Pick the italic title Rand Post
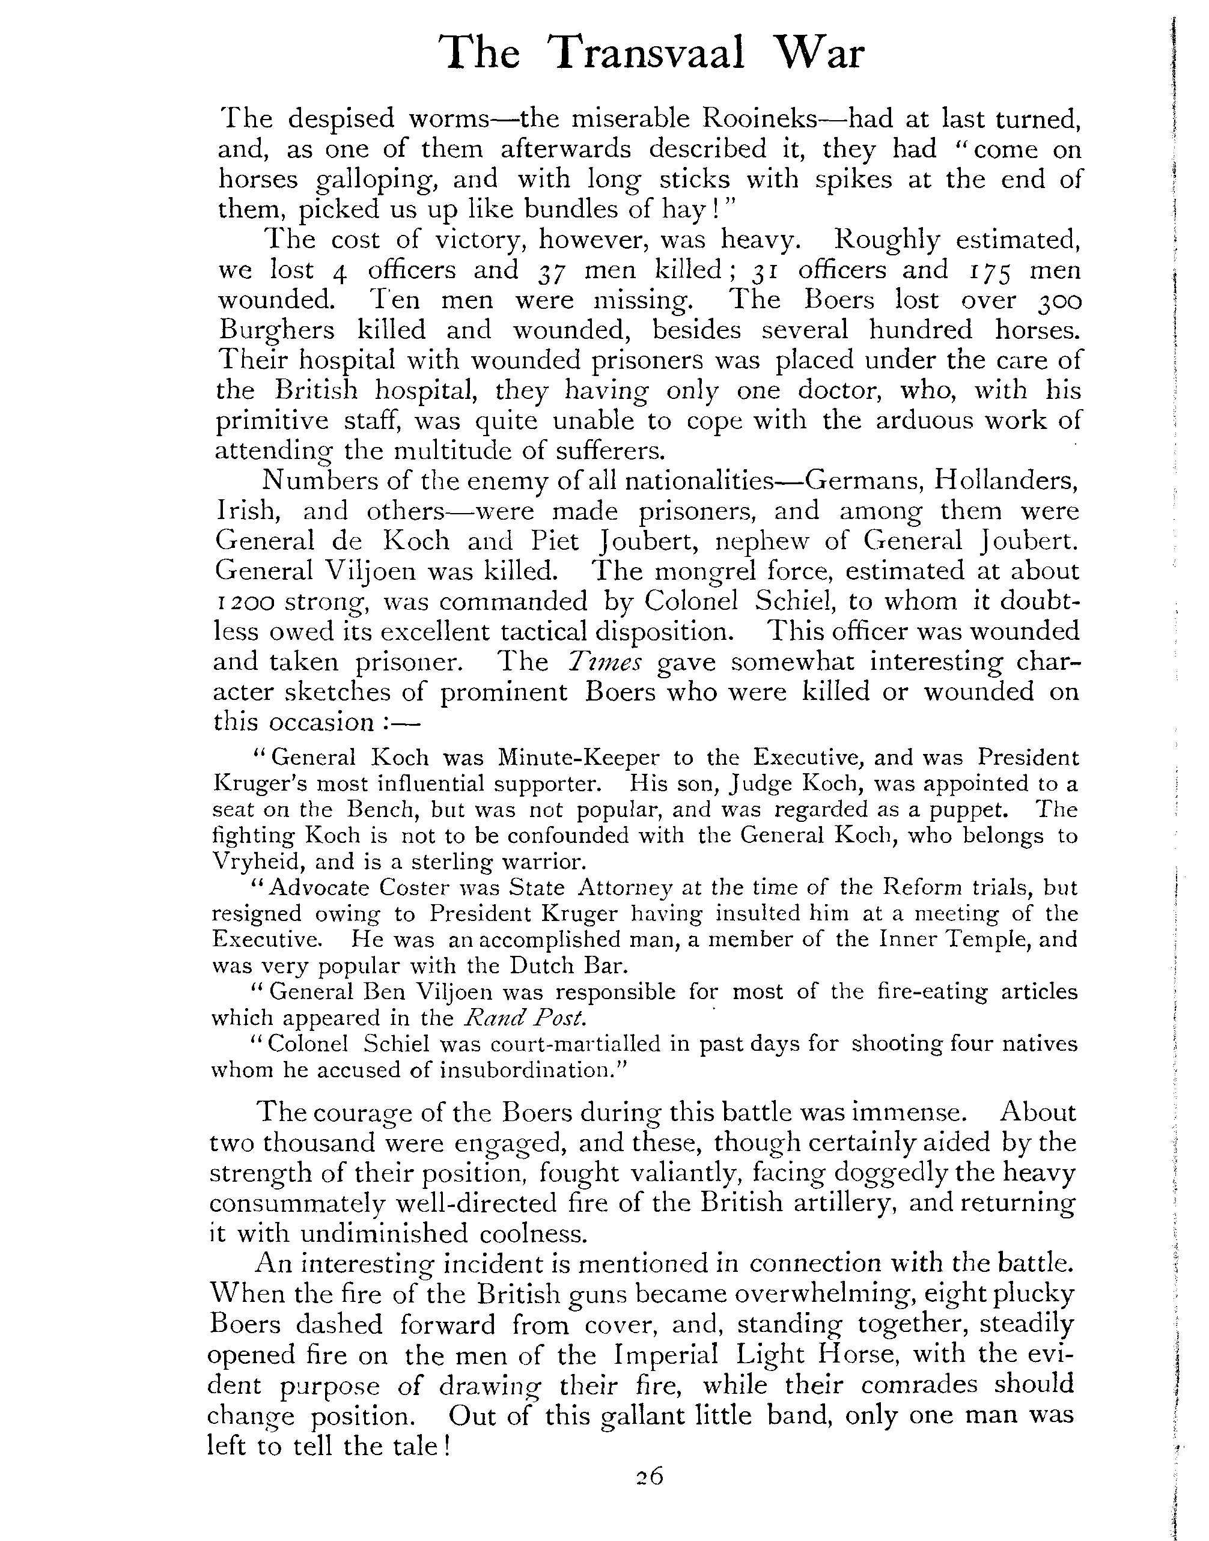[525, 1018]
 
